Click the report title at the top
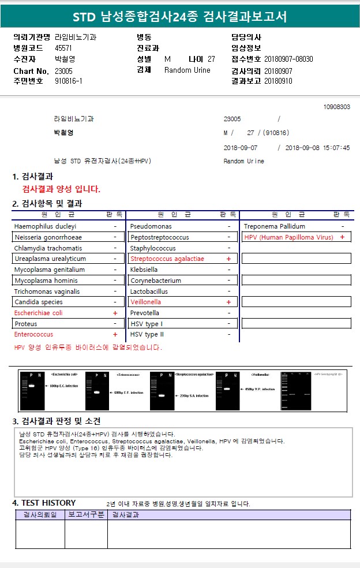(x=179, y=16)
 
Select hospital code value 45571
(x=63, y=48)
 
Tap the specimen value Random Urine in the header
(x=187, y=70)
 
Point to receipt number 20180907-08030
(x=288, y=59)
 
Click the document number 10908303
(x=337, y=107)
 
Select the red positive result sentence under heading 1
(x=61, y=189)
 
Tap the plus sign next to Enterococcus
(x=115, y=334)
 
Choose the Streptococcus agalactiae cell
(x=167, y=259)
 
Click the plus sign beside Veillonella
(x=228, y=302)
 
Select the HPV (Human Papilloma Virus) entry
(x=289, y=237)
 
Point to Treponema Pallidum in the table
(x=275, y=226)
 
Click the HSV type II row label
(x=147, y=334)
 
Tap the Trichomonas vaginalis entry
(x=47, y=292)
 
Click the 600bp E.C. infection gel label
(x=63, y=386)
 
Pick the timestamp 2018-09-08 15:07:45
(x=317, y=148)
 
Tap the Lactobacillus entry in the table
(x=149, y=292)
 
